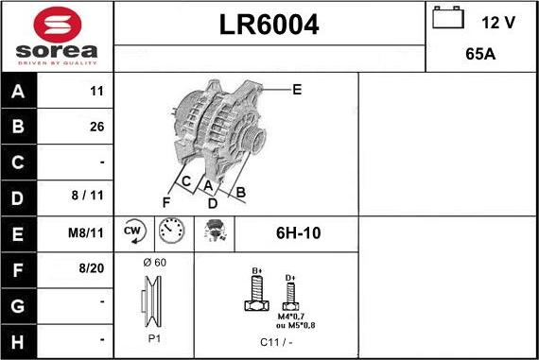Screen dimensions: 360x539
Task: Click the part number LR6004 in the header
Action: pyautogui.click(x=269, y=26)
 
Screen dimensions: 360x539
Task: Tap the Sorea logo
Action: pyautogui.click(x=56, y=37)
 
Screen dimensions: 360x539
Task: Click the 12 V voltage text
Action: pyautogui.click(x=497, y=22)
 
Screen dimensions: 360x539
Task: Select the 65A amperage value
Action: pyautogui.click(x=481, y=55)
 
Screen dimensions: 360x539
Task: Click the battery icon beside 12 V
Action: pyautogui.click(x=446, y=19)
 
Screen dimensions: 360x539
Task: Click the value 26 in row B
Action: pyautogui.click(x=96, y=127)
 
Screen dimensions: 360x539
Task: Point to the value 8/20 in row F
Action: pyautogui.click(x=92, y=268)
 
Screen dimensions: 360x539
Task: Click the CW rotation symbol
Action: pyautogui.click(x=132, y=231)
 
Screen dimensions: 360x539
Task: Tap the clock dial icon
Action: pyautogui.click(x=172, y=231)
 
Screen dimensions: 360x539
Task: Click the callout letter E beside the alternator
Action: pyautogui.click(x=297, y=90)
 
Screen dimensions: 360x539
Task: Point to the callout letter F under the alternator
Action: pyautogui.click(x=165, y=202)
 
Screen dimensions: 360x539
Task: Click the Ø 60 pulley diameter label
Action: pyautogui.click(x=154, y=262)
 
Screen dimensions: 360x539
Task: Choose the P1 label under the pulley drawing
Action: pyautogui.click(x=153, y=337)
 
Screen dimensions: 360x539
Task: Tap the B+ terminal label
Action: pyautogui.click(x=256, y=270)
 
